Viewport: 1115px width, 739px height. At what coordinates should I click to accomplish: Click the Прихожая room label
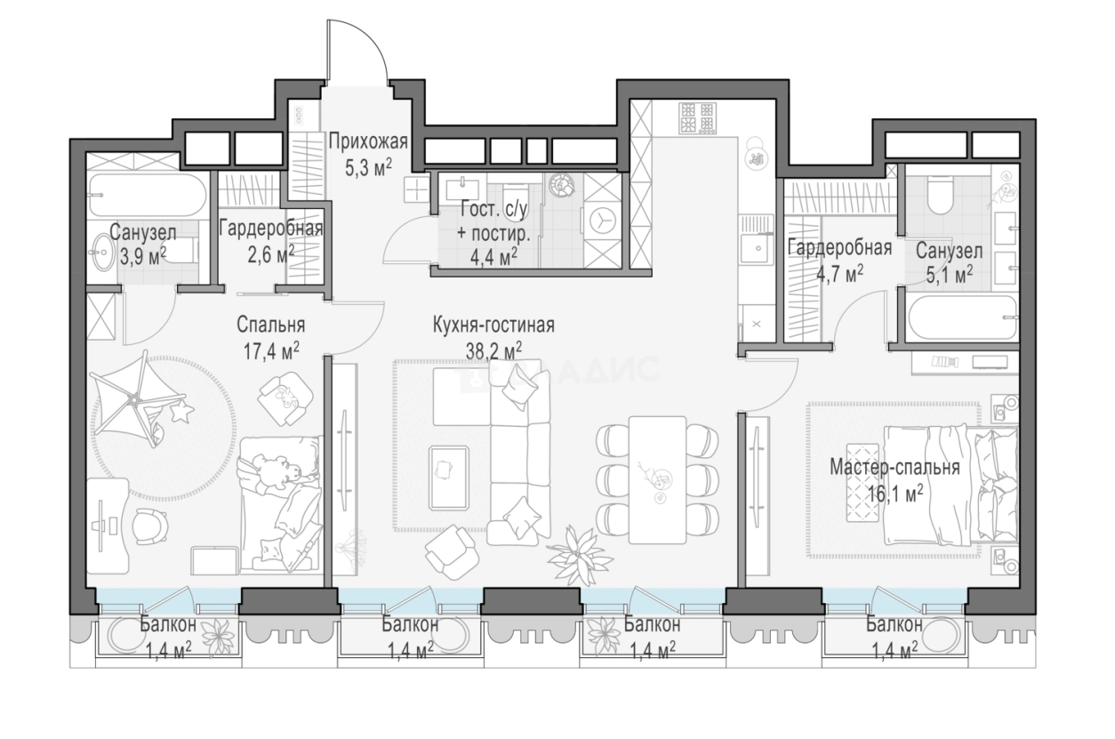tap(368, 142)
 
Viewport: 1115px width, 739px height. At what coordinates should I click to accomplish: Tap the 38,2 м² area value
tap(493, 350)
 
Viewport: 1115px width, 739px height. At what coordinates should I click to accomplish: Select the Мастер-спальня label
tap(894, 468)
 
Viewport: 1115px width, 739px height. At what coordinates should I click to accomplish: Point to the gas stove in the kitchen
tap(698, 118)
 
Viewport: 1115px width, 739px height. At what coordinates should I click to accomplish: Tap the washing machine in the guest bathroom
tap(603, 220)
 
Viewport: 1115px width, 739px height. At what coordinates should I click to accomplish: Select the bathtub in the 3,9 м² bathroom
tap(147, 195)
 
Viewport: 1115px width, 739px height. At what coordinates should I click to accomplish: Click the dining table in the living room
tap(657, 479)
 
